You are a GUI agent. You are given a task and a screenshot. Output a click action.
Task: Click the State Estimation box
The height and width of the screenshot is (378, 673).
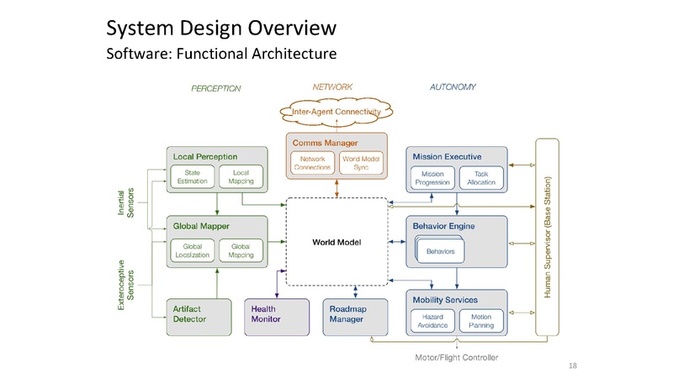click(x=192, y=176)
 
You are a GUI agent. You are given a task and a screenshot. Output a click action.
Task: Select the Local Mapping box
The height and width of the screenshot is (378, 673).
click(x=241, y=176)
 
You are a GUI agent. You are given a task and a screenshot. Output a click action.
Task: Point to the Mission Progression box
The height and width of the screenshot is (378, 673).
click(x=433, y=177)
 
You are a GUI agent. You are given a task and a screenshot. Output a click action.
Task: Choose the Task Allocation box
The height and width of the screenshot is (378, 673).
click(x=480, y=177)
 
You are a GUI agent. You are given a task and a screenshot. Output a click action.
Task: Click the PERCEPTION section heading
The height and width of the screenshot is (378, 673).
click(x=215, y=88)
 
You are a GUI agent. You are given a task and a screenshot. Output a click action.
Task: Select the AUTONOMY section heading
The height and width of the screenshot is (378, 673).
click(x=453, y=87)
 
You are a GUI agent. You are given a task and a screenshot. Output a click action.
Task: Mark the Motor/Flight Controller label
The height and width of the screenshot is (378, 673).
click(x=457, y=358)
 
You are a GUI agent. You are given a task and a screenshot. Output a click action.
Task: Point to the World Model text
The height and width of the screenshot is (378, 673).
click(x=336, y=243)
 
